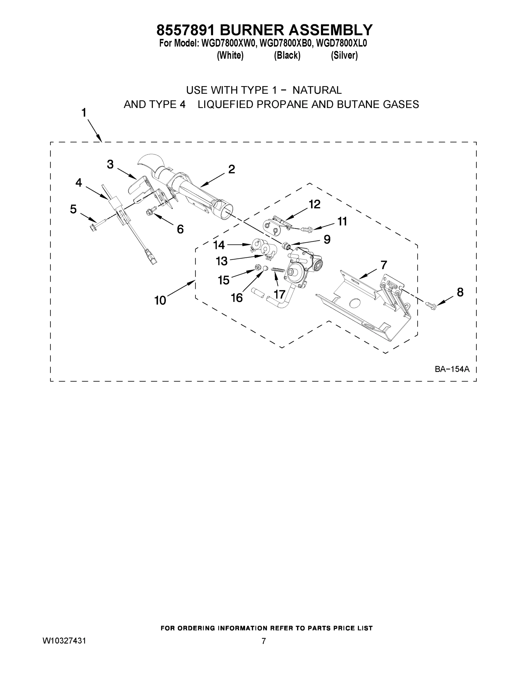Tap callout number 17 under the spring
coord(280,294)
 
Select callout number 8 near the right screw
coord(460,292)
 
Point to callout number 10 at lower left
coord(160,300)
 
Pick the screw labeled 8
coord(431,305)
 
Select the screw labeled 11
coord(305,230)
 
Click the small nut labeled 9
coord(286,245)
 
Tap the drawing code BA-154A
coord(452,369)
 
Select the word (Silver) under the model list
coord(344,56)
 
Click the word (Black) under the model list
coord(287,56)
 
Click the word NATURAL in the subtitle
coord(317,90)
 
